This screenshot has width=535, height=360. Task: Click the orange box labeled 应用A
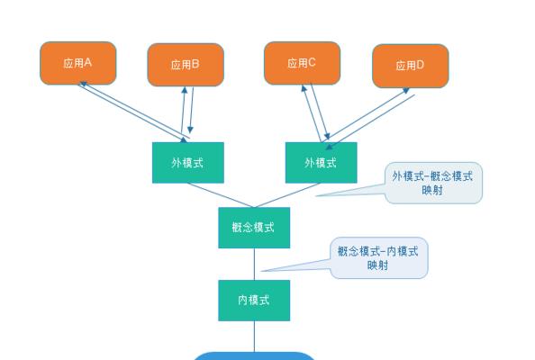[x=78, y=63]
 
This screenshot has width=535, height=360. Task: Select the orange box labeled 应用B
[x=186, y=65]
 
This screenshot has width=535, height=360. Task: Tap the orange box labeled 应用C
[x=303, y=63]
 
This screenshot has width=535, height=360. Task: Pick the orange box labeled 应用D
[x=411, y=66]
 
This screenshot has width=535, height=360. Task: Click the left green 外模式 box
[x=188, y=163]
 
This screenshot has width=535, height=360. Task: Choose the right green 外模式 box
[x=321, y=163]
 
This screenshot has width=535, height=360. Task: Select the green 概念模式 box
[x=254, y=228]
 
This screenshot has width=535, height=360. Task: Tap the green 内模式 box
[x=254, y=301]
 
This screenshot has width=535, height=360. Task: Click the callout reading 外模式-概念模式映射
[x=433, y=183]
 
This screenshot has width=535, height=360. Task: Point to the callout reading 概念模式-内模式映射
[x=378, y=258]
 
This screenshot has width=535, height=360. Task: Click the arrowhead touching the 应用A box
[x=83, y=84]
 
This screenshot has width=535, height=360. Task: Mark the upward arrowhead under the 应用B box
[x=185, y=90]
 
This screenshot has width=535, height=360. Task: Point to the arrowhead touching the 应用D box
[x=406, y=90]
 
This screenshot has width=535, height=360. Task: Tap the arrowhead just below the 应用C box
[x=304, y=88]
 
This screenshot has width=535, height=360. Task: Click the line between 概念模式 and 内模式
[x=254, y=264]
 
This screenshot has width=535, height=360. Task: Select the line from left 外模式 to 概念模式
[x=221, y=195]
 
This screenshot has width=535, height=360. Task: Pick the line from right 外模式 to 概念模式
[x=287, y=195]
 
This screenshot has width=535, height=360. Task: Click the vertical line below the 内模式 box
[x=254, y=337]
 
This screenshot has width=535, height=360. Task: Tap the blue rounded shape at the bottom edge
[x=254, y=356]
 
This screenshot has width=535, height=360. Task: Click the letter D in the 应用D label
[x=420, y=65]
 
